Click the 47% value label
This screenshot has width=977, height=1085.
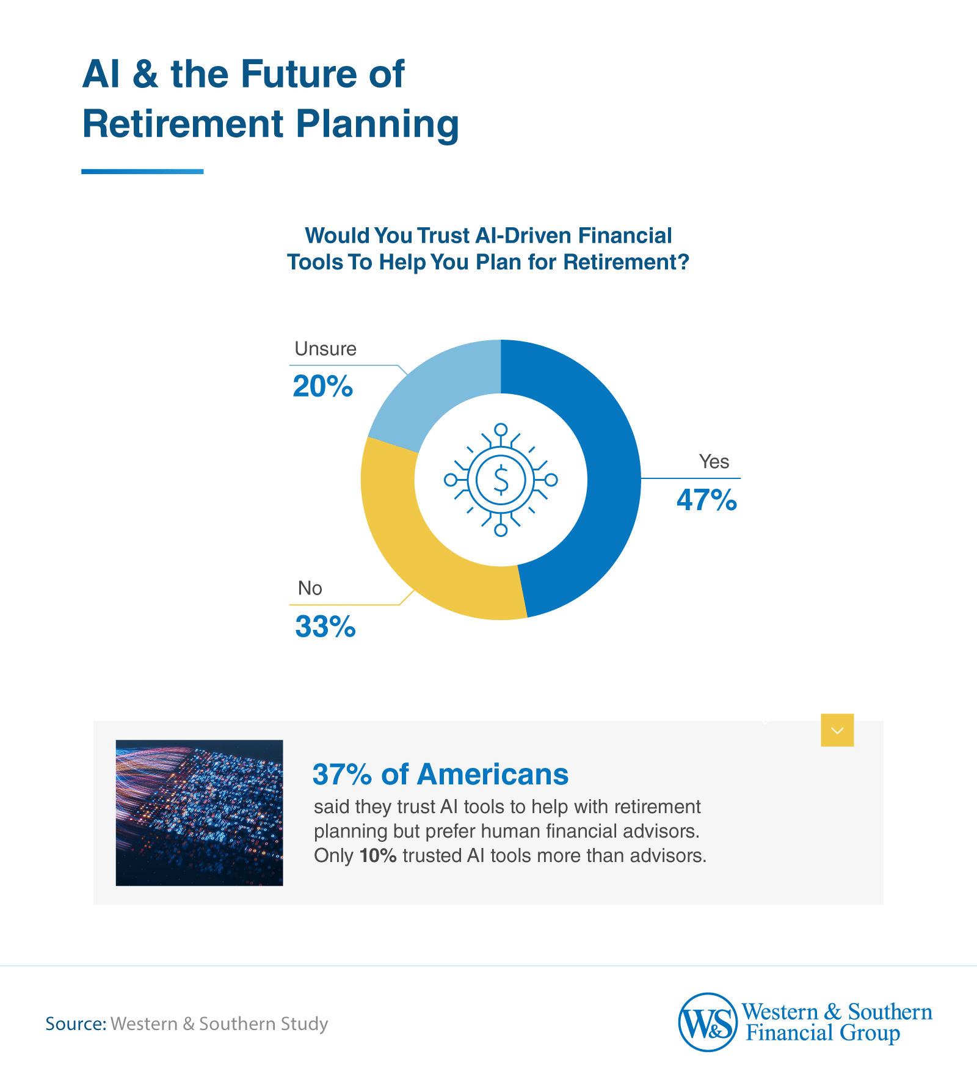706,500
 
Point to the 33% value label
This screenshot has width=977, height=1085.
325,627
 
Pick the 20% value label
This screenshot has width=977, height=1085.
322,387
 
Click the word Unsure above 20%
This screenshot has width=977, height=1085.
325,349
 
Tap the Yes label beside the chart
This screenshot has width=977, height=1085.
713,462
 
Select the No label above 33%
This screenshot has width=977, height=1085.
310,588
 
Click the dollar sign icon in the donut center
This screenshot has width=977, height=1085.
501,480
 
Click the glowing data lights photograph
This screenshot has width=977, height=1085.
199,813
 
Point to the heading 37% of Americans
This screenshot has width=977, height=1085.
440,775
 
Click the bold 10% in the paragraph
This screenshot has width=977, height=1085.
378,856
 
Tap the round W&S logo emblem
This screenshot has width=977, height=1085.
707,1022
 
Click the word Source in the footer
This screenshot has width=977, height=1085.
74,1023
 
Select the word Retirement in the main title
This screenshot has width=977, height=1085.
183,124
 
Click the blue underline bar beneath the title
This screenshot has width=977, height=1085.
142,172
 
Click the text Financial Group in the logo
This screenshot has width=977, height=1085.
823,1034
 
